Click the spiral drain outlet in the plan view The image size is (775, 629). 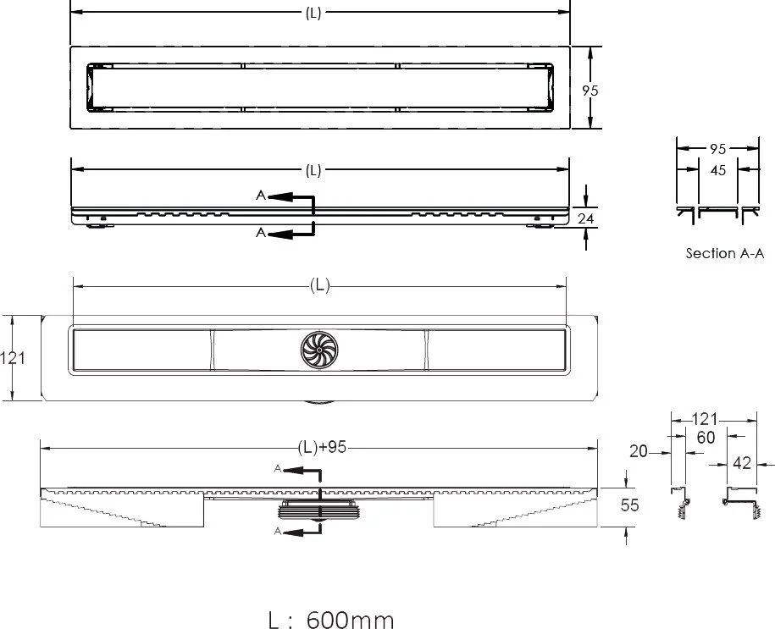click(319, 350)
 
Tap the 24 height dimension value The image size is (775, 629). click(586, 218)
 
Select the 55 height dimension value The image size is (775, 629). click(629, 505)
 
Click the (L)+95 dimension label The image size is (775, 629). click(322, 447)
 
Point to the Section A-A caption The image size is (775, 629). click(724, 253)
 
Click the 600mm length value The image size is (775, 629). click(351, 620)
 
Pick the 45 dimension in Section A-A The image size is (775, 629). click(717, 170)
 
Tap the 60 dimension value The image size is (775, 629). click(706, 438)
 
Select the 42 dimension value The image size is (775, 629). click(742, 463)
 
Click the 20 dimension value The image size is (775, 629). click(638, 451)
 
